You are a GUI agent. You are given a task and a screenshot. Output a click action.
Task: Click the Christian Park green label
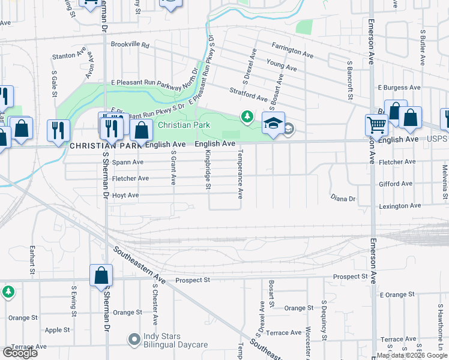point(184,125)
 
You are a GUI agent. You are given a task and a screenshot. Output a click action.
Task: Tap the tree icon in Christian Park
point(247,116)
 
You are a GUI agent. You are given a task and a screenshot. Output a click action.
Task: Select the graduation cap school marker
point(273,123)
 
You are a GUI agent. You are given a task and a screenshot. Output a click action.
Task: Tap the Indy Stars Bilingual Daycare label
point(175,340)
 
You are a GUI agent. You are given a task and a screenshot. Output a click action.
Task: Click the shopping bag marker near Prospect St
point(101,275)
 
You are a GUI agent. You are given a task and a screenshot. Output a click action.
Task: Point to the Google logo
point(20,352)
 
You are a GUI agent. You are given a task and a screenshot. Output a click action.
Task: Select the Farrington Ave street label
point(292,50)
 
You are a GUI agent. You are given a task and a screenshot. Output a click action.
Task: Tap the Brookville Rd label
point(130,44)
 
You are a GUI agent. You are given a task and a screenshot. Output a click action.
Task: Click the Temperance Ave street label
point(241,174)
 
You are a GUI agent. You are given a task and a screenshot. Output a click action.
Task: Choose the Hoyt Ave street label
point(125,195)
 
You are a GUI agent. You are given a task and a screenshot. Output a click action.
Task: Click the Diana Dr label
point(343,198)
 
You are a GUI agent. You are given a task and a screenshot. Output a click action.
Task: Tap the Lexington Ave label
point(399,206)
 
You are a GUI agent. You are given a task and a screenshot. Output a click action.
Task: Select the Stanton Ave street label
point(65,56)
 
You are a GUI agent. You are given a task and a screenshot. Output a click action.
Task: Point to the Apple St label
point(58,330)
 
